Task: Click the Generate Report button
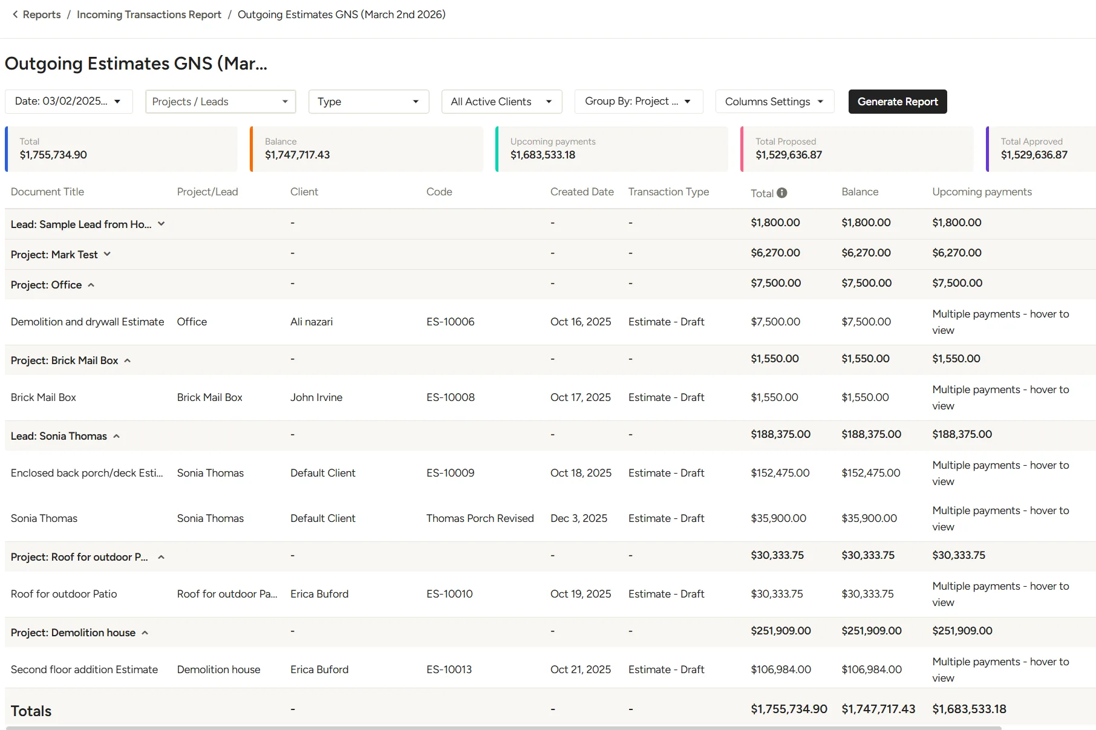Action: [898, 102]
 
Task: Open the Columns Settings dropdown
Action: [774, 102]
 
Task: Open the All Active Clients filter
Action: [501, 102]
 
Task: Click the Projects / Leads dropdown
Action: [221, 102]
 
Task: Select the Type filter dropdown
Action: [368, 102]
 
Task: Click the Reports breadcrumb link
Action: [42, 15]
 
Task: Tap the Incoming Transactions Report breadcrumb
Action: [149, 15]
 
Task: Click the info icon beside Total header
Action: [782, 193]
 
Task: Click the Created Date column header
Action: [582, 192]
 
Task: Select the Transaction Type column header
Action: [668, 192]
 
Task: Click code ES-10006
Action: [451, 322]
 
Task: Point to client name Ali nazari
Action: [312, 322]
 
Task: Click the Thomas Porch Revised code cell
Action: [480, 518]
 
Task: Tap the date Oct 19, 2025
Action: [581, 594]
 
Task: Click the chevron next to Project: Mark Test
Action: [107, 254]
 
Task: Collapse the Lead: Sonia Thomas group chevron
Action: [116, 436]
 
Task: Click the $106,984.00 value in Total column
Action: [781, 670]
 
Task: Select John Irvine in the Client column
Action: [316, 397]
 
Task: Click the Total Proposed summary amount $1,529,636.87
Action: [789, 155]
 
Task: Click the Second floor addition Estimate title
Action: [84, 670]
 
